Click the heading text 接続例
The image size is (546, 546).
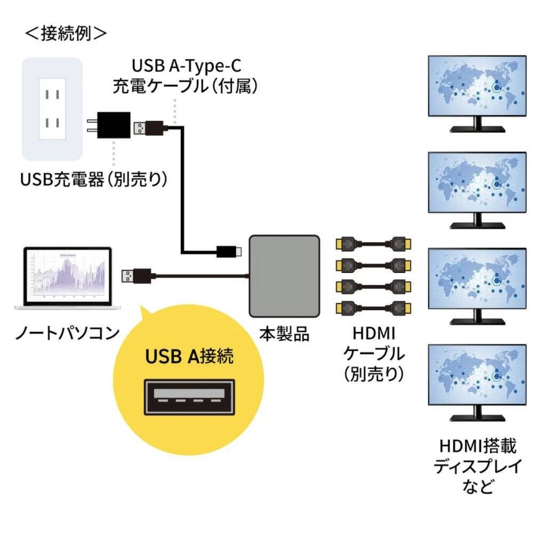[x=66, y=33]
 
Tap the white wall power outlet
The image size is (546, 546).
[x=52, y=109]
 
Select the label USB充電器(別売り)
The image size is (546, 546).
[x=94, y=179]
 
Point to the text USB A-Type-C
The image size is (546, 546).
[x=186, y=67]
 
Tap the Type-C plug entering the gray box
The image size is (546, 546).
[x=229, y=251]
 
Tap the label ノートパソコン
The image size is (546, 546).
[x=67, y=334]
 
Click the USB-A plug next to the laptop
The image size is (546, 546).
[x=138, y=276]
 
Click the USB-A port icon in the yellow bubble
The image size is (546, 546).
[x=189, y=397]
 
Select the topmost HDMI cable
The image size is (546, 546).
[x=373, y=245]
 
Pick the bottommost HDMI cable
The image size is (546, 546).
[x=373, y=308]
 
